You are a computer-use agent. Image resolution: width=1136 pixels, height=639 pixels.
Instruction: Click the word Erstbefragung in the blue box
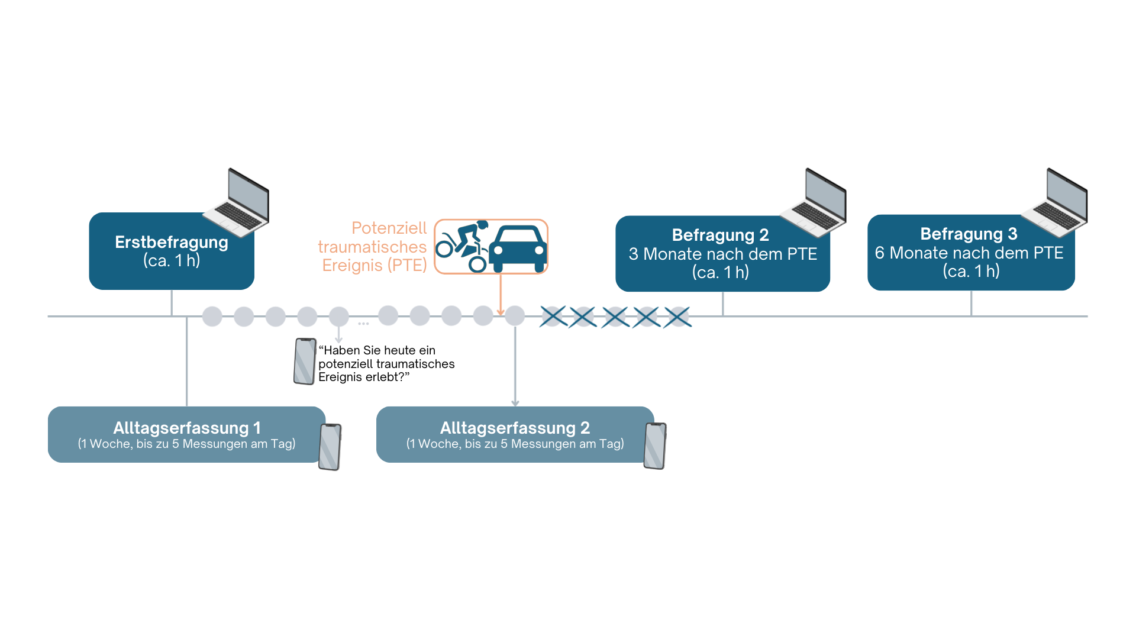pos(171,242)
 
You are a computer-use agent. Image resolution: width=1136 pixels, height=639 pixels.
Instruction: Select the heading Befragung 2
pos(720,235)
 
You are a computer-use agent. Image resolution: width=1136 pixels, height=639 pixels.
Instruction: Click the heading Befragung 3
pos(969,234)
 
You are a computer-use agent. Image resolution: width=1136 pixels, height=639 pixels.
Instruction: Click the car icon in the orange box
pos(518,247)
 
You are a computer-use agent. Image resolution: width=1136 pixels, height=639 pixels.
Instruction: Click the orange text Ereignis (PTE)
pos(374,265)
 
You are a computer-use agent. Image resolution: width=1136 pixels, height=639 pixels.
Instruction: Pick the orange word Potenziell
pos(389,228)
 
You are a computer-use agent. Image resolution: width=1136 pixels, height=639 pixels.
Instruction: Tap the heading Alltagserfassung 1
pos(187,427)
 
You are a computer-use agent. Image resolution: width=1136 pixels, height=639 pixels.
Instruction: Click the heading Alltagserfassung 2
pos(515,427)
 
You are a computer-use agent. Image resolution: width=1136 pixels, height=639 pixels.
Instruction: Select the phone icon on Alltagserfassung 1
pos(330,447)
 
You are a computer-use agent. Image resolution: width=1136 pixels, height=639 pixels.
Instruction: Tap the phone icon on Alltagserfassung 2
pos(655,446)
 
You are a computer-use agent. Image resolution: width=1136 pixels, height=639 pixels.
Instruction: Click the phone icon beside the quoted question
pos(305,362)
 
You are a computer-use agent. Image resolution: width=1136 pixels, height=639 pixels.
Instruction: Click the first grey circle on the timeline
pos(212,317)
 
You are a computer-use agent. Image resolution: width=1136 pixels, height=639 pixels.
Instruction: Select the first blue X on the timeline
pos(553,317)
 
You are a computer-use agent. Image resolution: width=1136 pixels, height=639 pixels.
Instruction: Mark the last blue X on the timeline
pos(677,317)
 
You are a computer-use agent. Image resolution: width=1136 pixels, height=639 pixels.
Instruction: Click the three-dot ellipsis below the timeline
pos(363,324)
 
